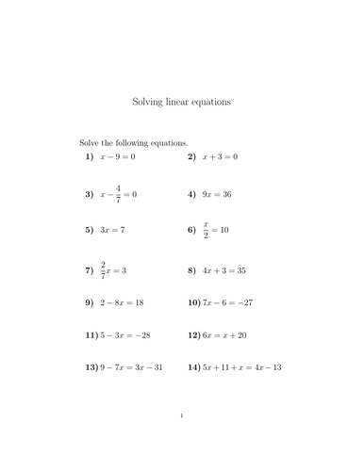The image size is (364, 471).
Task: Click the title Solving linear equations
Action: pyautogui.click(x=182, y=100)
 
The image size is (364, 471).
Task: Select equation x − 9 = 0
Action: pyautogui.click(x=118, y=156)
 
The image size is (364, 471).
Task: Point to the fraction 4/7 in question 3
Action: pyautogui.click(x=119, y=194)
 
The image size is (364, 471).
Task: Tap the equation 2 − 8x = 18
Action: pyautogui.click(x=122, y=303)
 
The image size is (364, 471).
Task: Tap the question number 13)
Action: pyautogui.click(x=91, y=367)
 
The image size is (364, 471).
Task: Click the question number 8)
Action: pyautogui.click(x=191, y=270)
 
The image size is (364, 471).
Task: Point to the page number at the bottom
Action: pyautogui.click(x=182, y=441)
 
